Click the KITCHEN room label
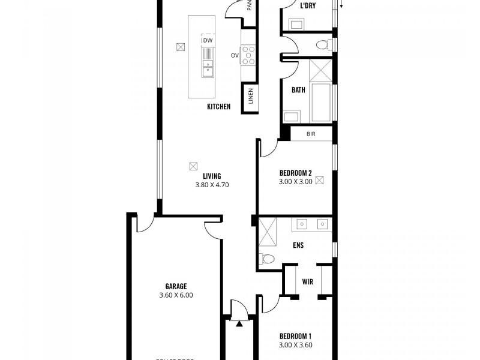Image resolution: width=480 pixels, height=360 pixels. tap(218, 107)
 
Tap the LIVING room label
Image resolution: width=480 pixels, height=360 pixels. tap(212, 176)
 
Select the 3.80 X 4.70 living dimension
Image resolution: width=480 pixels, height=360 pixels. tap(212, 185)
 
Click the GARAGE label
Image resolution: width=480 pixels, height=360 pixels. tap(176, 286)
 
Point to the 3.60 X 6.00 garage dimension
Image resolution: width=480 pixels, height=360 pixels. tap(176, 295)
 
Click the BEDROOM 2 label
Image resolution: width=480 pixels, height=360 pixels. tap(295, 173)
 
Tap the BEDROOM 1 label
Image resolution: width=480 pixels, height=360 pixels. tap(295, 336)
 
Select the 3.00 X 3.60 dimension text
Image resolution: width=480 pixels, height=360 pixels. tap(295, 345)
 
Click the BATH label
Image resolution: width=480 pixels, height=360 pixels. tap(298, 90)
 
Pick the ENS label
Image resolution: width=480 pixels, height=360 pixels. tap(298, 245)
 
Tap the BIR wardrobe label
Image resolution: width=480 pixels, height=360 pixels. tap(311, 134)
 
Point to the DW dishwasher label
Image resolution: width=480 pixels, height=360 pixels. tap(208, 40)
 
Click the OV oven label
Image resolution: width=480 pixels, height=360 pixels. tap(235, 55)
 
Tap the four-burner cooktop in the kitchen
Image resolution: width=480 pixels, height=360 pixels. tap(248, 55)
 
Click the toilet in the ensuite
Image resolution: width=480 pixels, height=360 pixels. tap(266, 259)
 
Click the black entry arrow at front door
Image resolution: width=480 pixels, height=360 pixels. tap(239, 324)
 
